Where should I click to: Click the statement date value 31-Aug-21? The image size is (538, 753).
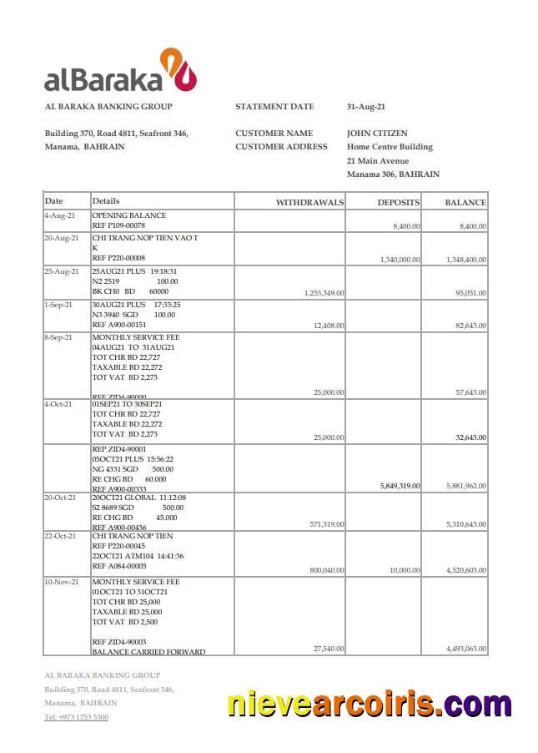pos(365,107)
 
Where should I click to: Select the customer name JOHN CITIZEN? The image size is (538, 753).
pos(377,134)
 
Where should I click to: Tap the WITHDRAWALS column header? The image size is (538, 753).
pos(309,202)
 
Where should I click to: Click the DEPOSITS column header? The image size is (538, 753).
pos(398,202)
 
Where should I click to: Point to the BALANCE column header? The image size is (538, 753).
pos(465,202)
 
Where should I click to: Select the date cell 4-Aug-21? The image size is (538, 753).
pos(59,215)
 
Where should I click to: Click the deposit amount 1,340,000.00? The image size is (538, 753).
pos(400,260)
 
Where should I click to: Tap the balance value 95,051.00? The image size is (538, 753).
pos(470,293)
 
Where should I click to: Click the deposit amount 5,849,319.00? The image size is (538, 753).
pos(400,485)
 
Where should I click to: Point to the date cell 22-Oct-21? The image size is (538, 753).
pos(61,536)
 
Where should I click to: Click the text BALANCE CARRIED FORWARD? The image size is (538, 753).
pos(148,652)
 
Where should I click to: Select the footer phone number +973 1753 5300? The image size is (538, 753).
pos(76,717)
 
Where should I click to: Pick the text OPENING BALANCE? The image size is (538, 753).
pos(128,215)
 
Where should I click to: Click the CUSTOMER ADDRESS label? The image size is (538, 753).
pos(281,147)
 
